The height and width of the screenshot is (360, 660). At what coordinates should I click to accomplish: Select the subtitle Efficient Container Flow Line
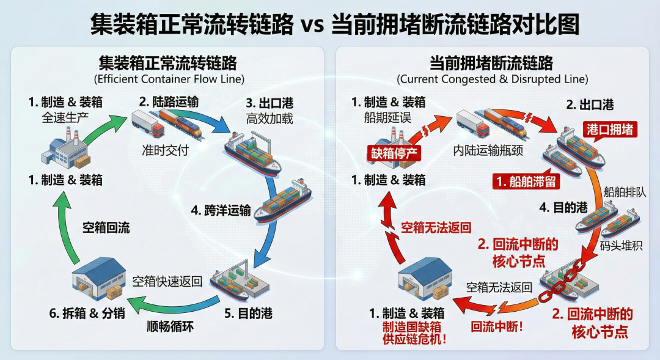(169, 79)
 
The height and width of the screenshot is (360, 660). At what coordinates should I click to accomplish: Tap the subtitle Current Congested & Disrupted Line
(492, 79)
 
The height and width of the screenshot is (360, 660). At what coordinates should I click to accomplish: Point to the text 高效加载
(269, 118)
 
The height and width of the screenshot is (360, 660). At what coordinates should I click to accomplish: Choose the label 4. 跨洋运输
(221, 210)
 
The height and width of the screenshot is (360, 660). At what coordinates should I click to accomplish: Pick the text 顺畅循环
(170, 326)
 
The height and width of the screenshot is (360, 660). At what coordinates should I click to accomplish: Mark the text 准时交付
(163, 150)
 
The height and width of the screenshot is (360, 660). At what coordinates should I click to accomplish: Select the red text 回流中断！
(497, 326)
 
